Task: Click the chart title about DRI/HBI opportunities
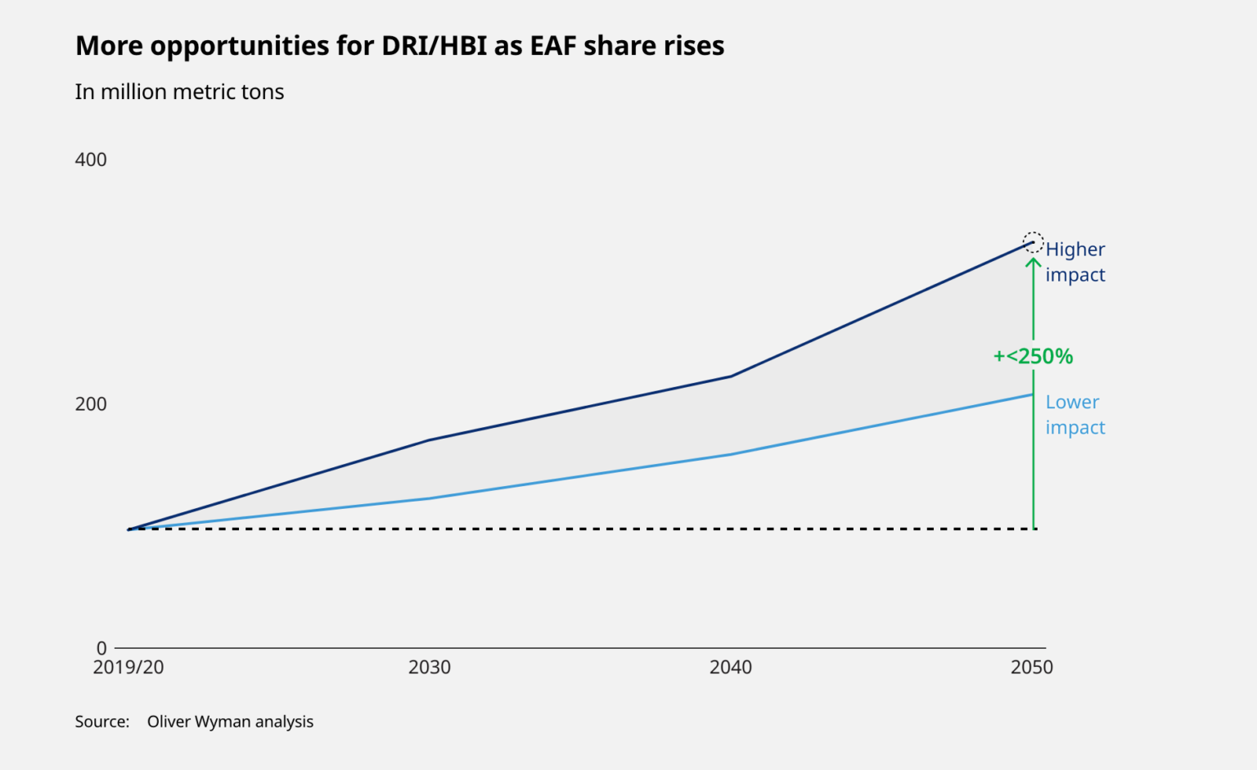pyautogui.click(x=399, y=46)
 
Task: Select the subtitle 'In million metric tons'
pyautogui.click(x=179, y=92)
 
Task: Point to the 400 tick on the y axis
pyautogui.click(x=91, y=160)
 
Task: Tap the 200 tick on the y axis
pyautogui.click(x=91, y=404)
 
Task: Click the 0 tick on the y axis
pyautogui.click(x=101, y=648)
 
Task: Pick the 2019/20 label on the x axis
pyautogui.click(x=128, y=668)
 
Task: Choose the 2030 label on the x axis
pyautogui.click(x=430, y=668)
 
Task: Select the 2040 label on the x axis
pyautogui.click(x=731, y=668)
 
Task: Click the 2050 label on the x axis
pyautogui.click(x=1032, y=668)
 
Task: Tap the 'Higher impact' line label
pyautogui.click(x=1075, y=262)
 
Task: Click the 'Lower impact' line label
pyautogui.click(x=1075, y=415)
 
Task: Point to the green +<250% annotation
pyautogui.click(x=1033, y=357)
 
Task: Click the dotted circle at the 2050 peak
pyautogui.click(x=1034, y=242)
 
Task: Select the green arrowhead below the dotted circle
pyautogui.click(x=1034, y=263)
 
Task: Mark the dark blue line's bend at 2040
pyautogui.click(x=731, y=376)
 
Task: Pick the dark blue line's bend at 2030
pyautogui.click(x=430, y=440)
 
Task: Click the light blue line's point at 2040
pyautogui.click(x=731, y=454)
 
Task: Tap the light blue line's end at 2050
pyautogui.click(x=1032, y=395)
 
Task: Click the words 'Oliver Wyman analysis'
pyautogui.click(x=230, y=722)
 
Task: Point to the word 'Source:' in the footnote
pyautogui.click(x=102, y=722)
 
